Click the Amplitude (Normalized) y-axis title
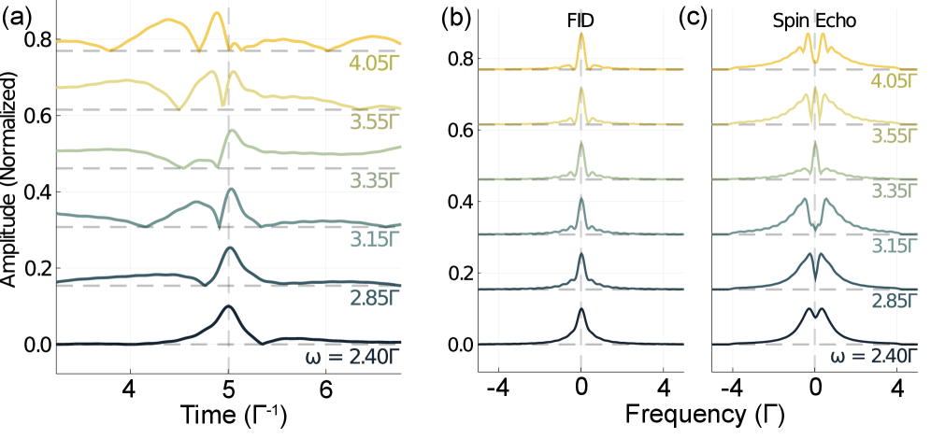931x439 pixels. click(x=11, y=191)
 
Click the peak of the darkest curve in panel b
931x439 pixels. click(x=581, y=308)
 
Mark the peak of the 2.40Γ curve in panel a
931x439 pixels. click(x=228, y=306)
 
